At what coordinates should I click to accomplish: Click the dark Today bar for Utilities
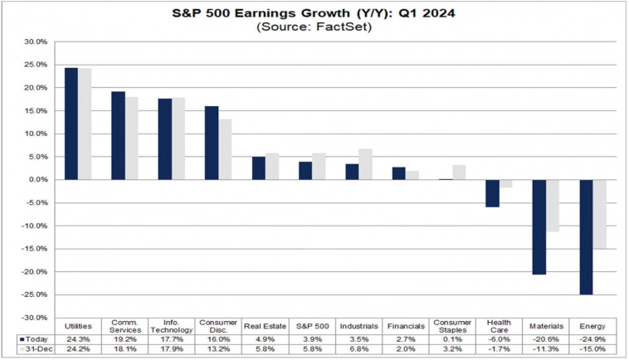71,124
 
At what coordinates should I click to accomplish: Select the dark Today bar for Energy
586,236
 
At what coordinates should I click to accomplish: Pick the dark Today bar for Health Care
492,193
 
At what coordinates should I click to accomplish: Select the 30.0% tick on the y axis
35,41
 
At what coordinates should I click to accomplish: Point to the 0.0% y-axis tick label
37,179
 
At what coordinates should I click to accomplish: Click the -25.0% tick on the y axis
34,294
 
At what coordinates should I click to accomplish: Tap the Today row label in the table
34,339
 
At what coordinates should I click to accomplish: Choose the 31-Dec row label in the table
35,349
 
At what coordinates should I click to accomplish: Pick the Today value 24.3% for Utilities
78,339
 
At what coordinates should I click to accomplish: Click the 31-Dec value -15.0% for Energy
592,349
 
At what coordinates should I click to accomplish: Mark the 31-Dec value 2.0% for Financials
405,349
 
